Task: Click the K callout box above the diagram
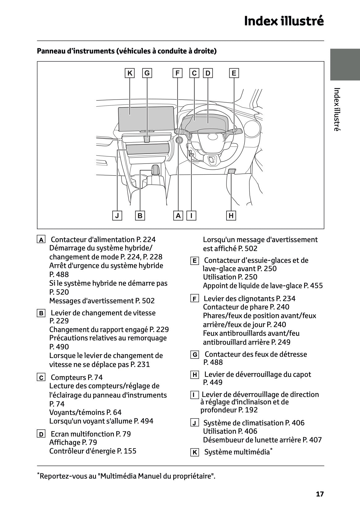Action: click(x=130, y=73)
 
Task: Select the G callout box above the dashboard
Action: click(x=147, y=73)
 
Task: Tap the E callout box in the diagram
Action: click(x=234, y=73)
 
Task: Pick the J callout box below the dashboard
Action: click(x=117, y=215)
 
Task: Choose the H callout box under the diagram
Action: click(x=231, y=215)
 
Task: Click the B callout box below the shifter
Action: click(x=140, y=215)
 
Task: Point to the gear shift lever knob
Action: click(x=155, y=169)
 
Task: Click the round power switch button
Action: click(x=179, y=140)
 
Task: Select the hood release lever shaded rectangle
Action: click(x=232, y=171)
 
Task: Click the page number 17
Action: click(x=320, y=494)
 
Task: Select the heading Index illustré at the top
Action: click(x=284, y=21)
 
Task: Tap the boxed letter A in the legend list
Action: click(x=41, y=240)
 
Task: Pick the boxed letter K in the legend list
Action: click(x=194, y=453)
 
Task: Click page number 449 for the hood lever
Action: click(x=216, y=382)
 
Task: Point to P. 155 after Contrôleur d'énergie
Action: click(x=127, y=451)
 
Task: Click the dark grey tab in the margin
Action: click(x=345, y=64)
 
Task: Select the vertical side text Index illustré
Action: click(x=337, y=109)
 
